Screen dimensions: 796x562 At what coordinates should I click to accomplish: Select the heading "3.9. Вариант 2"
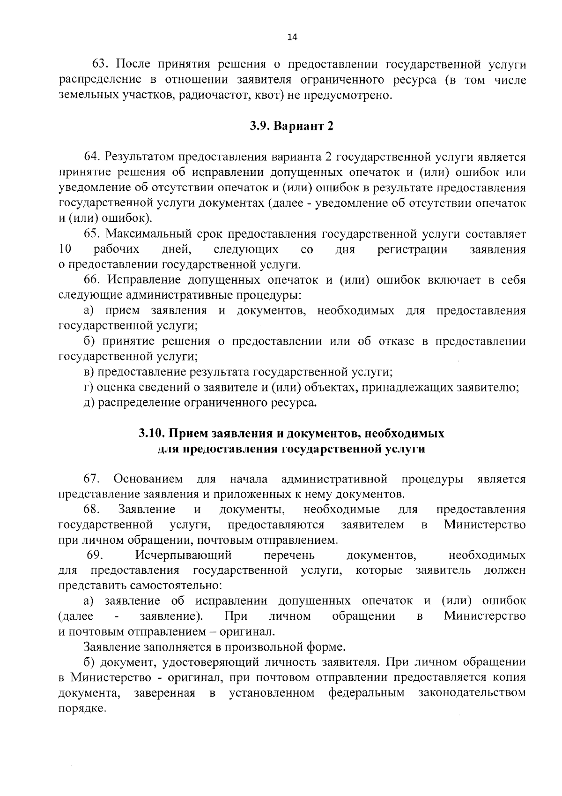291,126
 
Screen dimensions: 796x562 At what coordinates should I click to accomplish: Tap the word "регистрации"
412,249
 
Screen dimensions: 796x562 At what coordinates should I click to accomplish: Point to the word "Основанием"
148,479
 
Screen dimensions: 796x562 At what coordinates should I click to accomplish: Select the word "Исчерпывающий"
184,556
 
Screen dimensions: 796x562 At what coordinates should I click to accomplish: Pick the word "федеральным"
366,693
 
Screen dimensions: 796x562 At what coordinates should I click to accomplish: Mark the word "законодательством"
472,693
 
